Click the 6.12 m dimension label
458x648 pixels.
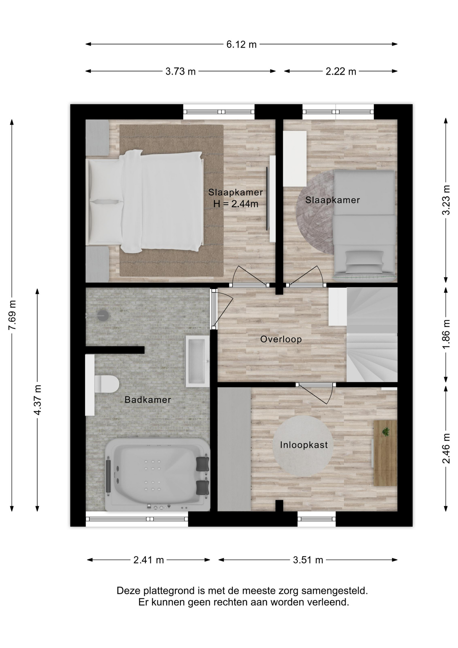[241, 44]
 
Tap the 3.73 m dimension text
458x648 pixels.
[180, 72]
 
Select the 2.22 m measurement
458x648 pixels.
[341, 72]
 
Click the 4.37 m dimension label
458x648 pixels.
[38, 400]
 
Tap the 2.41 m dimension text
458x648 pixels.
[148, 560]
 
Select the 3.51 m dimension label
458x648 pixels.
[308, 560]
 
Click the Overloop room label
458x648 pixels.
[281, 339]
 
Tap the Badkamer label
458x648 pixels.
[148, 400]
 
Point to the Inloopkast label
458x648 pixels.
[304, 445]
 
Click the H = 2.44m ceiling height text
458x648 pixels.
[236, 204]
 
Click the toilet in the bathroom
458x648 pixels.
[107, 384]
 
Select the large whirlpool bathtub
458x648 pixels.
[157, 475]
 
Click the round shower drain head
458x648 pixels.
[103, 316]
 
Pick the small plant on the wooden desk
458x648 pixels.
[386, 432]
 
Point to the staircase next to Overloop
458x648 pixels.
[372, 334]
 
